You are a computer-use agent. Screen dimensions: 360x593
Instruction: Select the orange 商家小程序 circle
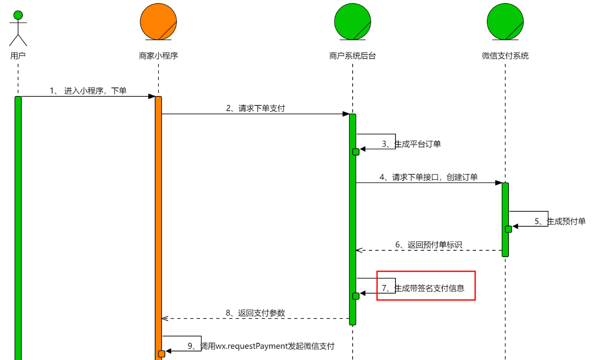pyautogui.click(x=159, y=21)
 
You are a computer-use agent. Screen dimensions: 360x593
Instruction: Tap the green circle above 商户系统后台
pyautogui.click(x=353, y=21)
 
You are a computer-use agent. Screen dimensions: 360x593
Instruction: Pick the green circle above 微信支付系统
pyautogui.click(x=505, y=21)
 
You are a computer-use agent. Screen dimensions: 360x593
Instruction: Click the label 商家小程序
pyautogui.click(x=159, y=56)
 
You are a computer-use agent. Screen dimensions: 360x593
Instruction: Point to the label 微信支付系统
pyautogui.click(x=505, y=56)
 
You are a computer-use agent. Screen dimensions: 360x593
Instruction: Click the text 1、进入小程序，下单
pyautogui.click(x=88, y=91)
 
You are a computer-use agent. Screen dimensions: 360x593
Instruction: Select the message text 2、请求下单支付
pyautogui.click(x=255, y=108)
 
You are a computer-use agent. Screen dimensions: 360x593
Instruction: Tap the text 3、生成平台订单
pyautogui.click(x=411, y=144)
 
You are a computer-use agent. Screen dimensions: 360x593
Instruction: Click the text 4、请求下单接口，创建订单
pyautogui.click(x=428, y=177)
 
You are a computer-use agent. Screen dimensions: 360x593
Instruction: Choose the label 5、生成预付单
pyautogui.click(x=560, y=222)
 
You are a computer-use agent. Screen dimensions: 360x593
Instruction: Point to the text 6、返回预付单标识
pyautogui.click(x=428, y=245)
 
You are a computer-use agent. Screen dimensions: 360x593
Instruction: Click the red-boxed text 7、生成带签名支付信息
pyautogui.click(x=423, y=288)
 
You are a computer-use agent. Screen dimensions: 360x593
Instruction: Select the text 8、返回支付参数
pyautogui.click(x=255, y=313)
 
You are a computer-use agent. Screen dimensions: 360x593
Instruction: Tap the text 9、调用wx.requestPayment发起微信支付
pyautogui.click(x=261, y=346)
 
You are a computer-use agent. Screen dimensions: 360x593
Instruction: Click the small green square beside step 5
pyautogui.click(x=509, y=229)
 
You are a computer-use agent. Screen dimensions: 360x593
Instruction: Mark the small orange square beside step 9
pyautogui.click(x=162, y=354)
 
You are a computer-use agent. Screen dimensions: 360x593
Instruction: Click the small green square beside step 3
pyautogui.click(x=356, y=152)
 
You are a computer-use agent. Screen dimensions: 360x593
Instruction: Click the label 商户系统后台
pyautogui.click(x=353, y=56)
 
